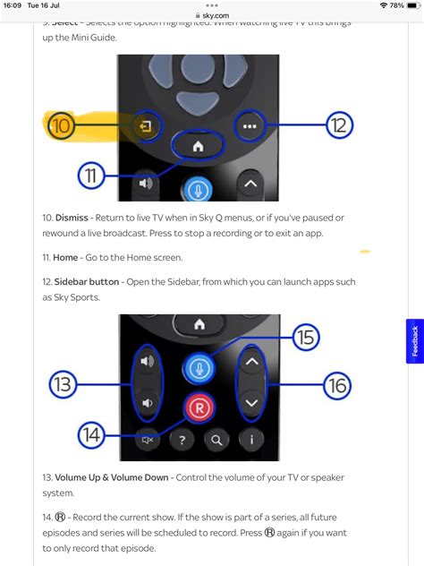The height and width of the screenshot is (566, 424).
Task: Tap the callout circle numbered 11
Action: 91,176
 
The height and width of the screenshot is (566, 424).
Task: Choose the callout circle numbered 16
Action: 336,385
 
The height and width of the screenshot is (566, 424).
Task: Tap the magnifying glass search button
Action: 216,440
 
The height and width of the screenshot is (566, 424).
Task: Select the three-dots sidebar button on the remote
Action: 250,127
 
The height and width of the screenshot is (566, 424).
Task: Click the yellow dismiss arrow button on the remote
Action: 147,128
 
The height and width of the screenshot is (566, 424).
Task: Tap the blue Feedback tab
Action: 414,341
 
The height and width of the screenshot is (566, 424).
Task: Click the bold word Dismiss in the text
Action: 72,218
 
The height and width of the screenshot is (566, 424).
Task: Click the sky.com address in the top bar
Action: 212,15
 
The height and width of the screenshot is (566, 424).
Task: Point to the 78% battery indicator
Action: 399,5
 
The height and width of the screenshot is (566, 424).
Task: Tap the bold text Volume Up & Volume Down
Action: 111,477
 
